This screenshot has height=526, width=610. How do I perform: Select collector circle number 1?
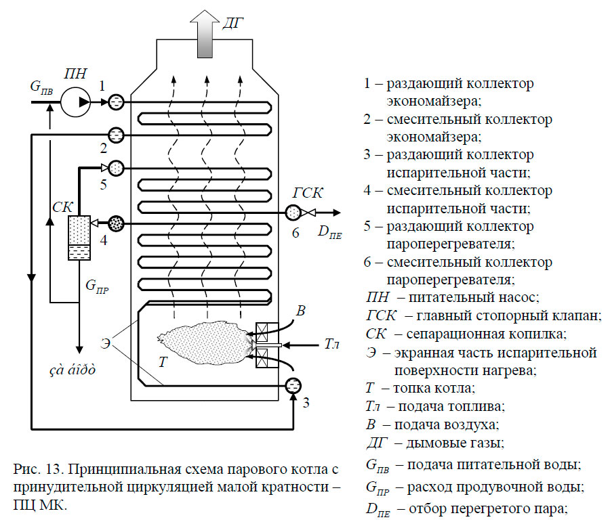115,102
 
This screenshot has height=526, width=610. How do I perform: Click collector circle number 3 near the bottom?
293,386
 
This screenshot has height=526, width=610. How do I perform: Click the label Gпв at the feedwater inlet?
41,87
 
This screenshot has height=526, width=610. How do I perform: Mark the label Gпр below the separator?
97,286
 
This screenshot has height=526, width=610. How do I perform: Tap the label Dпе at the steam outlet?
330,233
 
